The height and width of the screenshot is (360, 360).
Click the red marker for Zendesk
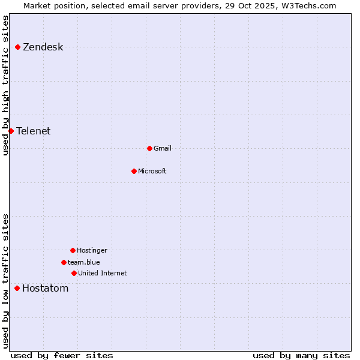tap(18, 47)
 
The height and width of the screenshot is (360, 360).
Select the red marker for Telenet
tap(11, 131)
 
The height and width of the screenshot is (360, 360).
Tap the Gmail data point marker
tap(149, 148)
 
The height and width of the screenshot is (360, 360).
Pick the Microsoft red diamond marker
tap(134, 171)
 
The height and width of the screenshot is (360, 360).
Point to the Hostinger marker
tap(73, 250)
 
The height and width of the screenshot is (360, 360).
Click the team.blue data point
tap(64, 262)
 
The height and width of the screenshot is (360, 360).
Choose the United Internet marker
tap(74, 273)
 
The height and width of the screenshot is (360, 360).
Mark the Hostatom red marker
tap(17, 288)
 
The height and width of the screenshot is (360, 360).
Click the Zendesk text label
tap(43, 47)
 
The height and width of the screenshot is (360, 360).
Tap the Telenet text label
tap(33, 131)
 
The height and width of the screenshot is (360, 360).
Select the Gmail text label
tap(163, 149)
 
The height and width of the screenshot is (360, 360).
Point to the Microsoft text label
tap(152, 172)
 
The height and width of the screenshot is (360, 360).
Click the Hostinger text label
tap(92, 251)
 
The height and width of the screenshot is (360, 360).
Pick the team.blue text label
tap(84, 263)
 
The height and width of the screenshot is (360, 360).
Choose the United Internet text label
tap(103, 274)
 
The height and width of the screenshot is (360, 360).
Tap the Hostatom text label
tap(45, 289)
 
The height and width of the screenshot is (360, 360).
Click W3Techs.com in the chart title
tap(307, 5)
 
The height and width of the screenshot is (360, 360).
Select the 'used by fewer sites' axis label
tap(62, 355)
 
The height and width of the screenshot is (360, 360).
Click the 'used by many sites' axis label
tap(301, 355)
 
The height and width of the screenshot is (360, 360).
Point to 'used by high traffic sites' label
tap(5, 85)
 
